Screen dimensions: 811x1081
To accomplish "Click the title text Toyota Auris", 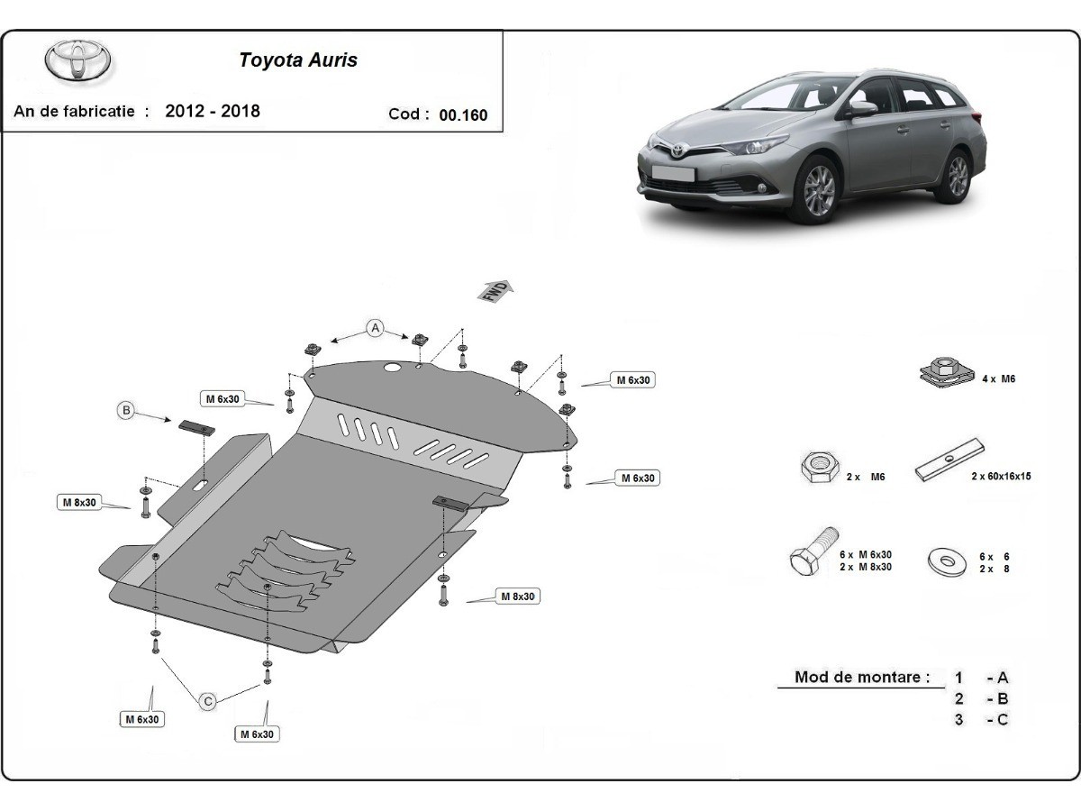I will (x=297, y=60).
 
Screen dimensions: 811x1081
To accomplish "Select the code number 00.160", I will (x=463, y=115).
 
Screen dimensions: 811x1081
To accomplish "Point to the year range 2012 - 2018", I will (x=213, y=111).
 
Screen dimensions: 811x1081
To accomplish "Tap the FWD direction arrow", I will (x=496, y=290).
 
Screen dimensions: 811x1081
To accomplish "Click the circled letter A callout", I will (x=375, y=327).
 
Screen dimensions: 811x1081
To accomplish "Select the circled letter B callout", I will (x=127, y=411).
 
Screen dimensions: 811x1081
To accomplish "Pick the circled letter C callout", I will (x=207, y=700).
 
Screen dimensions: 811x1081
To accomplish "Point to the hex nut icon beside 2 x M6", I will (x=818, y=468).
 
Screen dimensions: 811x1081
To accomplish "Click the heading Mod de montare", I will (x=862, y=678).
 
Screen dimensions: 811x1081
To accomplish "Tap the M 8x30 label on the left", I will (x=79, y=502).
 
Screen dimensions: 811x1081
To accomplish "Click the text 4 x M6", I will (x=999, y=379).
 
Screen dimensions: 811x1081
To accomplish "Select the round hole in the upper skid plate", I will (x=392, y=369).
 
